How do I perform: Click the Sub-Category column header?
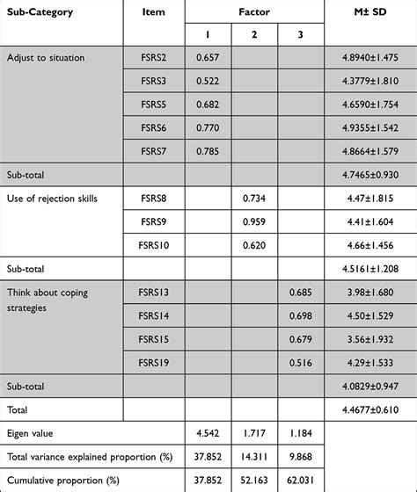click(40, 12)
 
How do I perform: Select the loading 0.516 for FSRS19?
click(300, 363)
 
